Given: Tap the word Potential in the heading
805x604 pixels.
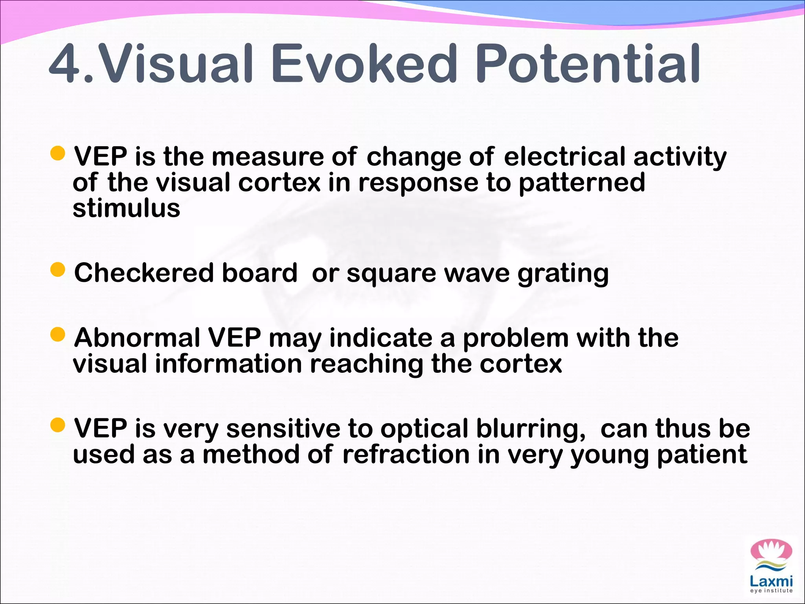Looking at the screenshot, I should click(588, 64).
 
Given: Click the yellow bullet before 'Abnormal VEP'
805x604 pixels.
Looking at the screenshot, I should click(58, 335).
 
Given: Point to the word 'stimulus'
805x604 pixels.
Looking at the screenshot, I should click(126, 208).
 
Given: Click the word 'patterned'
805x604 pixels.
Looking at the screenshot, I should click(582, 183).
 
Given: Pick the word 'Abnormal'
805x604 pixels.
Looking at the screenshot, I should click(137, 338).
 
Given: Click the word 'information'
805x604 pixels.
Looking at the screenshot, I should click(228, 364).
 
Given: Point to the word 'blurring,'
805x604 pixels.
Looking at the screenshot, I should click(531, 429).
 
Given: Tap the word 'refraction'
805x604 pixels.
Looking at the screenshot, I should click(406, 455).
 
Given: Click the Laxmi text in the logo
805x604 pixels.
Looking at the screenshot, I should click(771, 581).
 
